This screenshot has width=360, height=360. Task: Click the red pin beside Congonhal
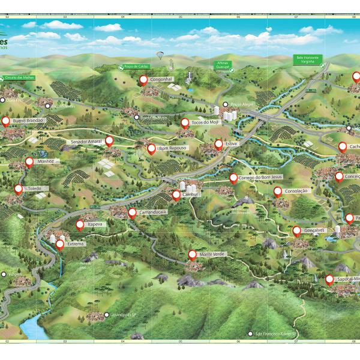tap(143, 79)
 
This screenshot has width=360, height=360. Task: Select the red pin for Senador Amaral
tap(109, 141)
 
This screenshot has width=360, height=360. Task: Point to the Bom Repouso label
tap(173, 148)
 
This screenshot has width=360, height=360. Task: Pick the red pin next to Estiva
tap(218, 145)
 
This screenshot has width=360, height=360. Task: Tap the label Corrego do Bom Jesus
tap(260, 178)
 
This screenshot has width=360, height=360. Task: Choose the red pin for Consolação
tap(278, 191)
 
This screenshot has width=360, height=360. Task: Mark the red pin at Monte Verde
tap(193, 254)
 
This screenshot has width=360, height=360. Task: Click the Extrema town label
tap(76, 244)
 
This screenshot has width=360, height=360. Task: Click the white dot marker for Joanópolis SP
tap(106, 314)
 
